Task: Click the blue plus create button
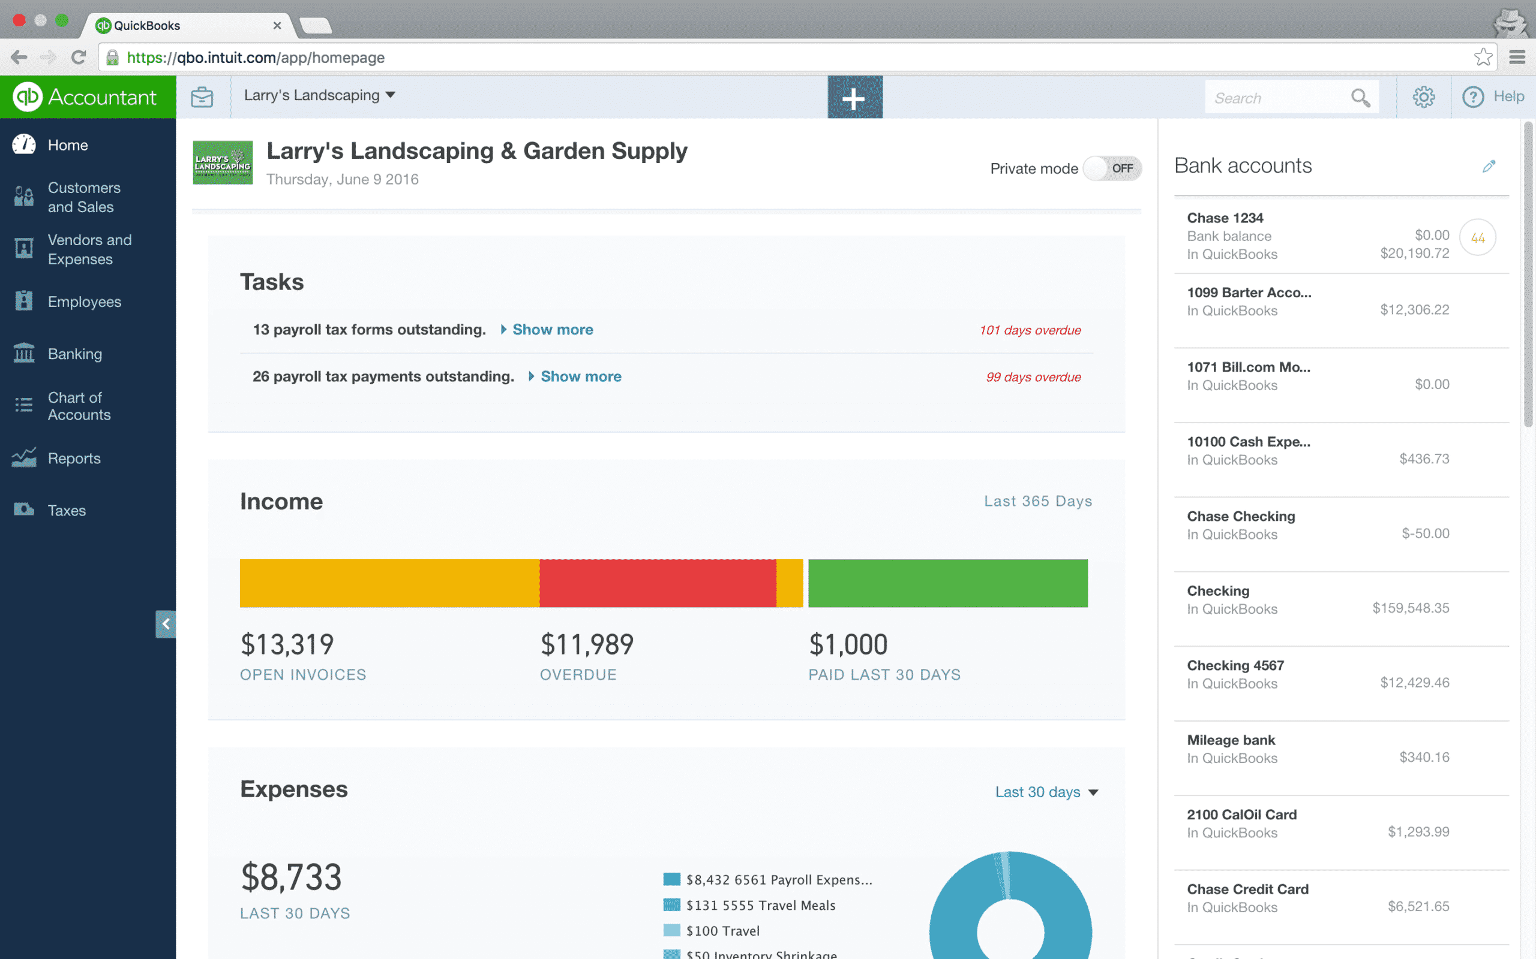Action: point(854,97)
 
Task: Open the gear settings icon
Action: point(1423,97)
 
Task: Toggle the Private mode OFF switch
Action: point(1112,168)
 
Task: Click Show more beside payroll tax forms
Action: point(552,330)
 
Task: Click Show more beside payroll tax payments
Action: point(580,377)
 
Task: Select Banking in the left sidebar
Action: point(74,354)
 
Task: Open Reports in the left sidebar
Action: point(74,459)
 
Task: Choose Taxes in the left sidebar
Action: point(67,511)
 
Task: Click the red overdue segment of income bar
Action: point(658,583)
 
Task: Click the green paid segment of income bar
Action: point(947,583)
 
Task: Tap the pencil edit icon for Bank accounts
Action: point(1489,166)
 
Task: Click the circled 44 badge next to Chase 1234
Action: point(1477,238)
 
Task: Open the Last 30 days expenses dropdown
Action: point(1046,792)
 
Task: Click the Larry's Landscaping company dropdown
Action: point(319,95)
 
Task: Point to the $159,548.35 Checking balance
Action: point(1411,608)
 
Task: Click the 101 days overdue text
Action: point(1030,330)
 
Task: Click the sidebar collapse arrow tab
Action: point(166,624)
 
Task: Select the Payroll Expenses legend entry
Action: point(778,880)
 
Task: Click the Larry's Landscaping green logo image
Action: point(223,163)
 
